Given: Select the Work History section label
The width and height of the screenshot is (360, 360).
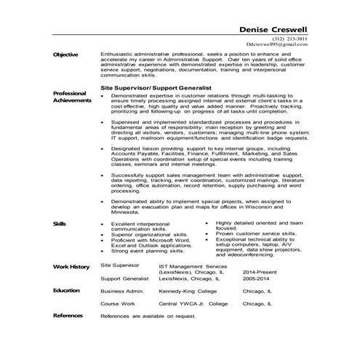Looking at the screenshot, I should [x=71, y=268].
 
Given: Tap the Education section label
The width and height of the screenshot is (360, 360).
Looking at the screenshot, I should [x=67, y=289].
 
